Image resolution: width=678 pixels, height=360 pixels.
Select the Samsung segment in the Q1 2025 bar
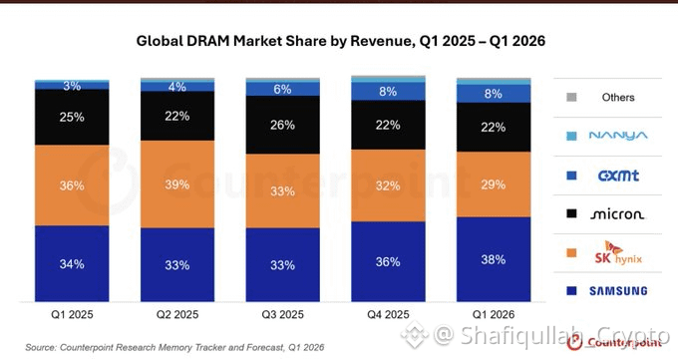[72, 263]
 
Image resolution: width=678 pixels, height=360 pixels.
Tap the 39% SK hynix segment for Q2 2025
[177, 184]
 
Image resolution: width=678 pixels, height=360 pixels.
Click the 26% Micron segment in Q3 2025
[283, 125]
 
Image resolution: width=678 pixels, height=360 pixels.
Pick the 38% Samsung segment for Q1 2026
[494, 259]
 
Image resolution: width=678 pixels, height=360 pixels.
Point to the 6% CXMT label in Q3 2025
[282, 89]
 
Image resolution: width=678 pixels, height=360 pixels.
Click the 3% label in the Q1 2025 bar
[72, 86]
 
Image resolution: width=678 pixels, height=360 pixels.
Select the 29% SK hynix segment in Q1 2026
[494, 184]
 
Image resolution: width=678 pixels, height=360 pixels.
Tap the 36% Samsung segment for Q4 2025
[388, 262]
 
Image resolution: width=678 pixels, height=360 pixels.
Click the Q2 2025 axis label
[177, 314]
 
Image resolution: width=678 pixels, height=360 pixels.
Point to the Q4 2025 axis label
[388, 314]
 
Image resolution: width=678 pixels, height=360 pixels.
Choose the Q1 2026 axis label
[494, 314]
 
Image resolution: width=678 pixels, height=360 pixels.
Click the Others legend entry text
[618, 98]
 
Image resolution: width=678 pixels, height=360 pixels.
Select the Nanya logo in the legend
[618, 136]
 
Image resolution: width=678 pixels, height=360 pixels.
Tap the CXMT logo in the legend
[618, 176]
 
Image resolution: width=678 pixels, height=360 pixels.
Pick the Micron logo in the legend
[617, 214]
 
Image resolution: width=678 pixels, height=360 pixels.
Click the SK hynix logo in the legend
[618, 253]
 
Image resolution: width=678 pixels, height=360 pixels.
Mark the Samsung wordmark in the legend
[618, 291]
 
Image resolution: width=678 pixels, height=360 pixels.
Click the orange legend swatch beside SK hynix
[571, 252]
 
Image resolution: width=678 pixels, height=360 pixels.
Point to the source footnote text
[174, 347]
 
